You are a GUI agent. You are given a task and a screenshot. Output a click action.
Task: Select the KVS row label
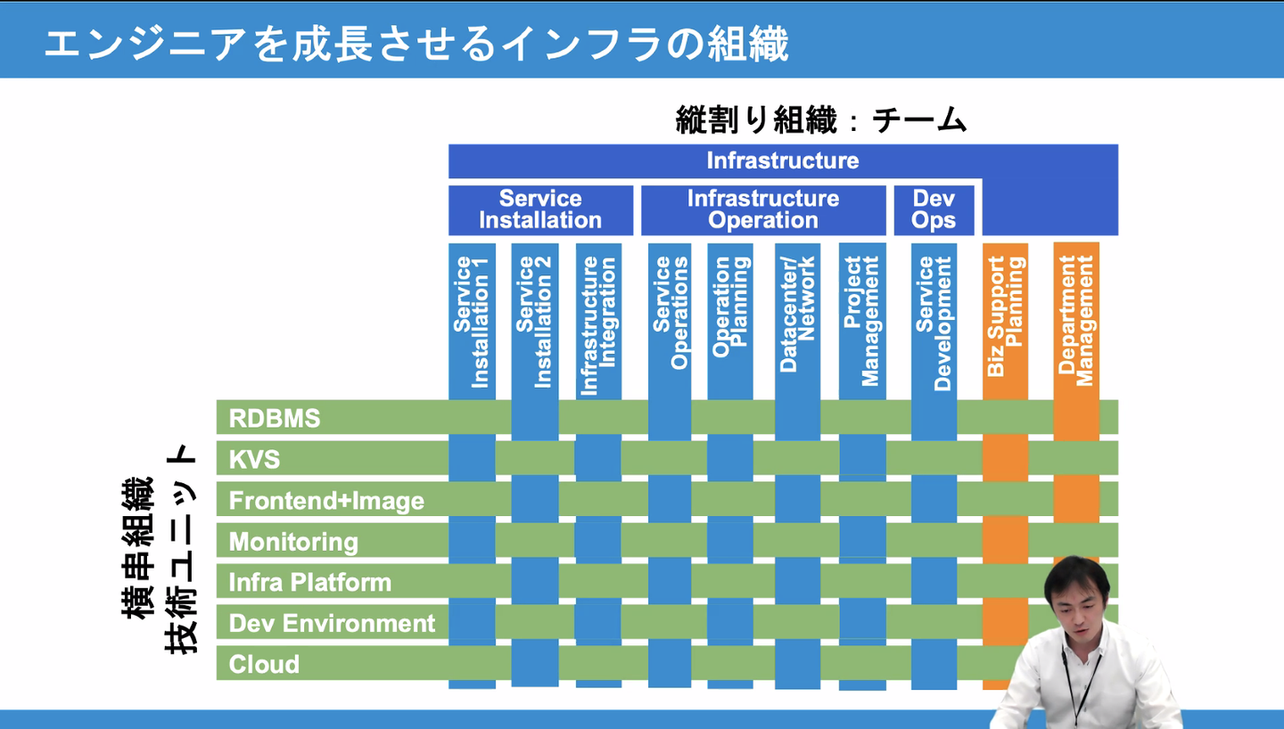[255, 459]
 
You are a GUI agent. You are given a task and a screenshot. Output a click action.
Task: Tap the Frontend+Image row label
[326, 500]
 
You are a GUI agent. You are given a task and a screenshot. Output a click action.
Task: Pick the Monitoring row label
[293, 541]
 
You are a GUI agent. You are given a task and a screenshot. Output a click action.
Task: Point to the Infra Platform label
[310, 582]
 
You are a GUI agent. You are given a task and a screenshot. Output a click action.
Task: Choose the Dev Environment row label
[332, 623]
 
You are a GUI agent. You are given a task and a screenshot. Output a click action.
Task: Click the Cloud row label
[264, 664]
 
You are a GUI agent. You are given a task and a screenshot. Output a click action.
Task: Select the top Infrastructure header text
[782, 160]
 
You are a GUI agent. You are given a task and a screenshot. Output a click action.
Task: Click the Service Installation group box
[540, 209]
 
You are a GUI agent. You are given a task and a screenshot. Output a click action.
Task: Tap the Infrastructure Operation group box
[763, 209]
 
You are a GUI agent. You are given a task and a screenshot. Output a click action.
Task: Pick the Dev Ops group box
[934, 209]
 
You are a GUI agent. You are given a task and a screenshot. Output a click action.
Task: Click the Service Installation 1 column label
[472, 322]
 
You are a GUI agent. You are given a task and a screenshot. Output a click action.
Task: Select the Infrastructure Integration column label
[598, 325]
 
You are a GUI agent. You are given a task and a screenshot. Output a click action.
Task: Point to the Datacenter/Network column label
[797, 314]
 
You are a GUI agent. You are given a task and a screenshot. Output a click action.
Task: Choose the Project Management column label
[861, 321]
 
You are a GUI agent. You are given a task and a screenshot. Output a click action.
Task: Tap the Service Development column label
[934, 324]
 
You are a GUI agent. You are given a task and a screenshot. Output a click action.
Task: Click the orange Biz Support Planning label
[1005, 315]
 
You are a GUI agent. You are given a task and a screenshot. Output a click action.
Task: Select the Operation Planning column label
[730, 307]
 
